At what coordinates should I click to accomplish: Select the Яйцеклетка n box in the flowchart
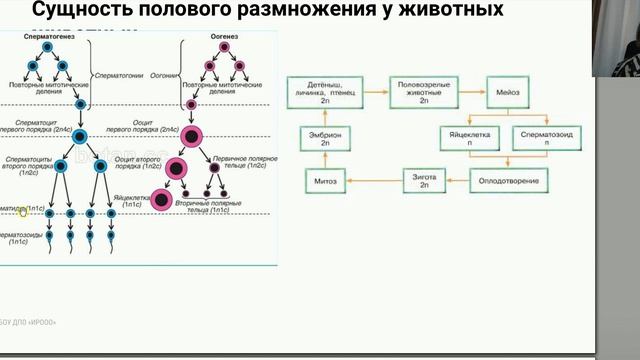[x=470, y=137]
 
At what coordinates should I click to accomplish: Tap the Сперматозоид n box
[x=545, y=137]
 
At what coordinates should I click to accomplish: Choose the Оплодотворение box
[x=508, y=181]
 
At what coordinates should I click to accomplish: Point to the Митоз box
[x=332, y=181]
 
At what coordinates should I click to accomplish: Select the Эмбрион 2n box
[x=332, y=137]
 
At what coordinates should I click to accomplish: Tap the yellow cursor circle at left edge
[x=23, y=210]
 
